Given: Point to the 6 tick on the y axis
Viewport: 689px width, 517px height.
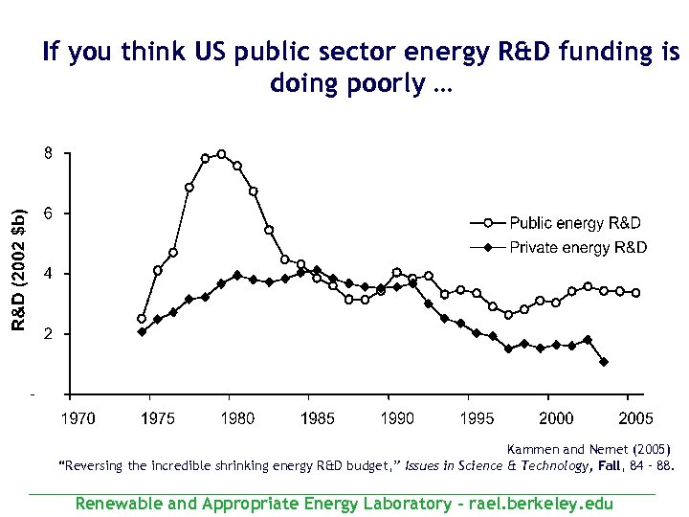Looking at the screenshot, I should click(x=47, y=214).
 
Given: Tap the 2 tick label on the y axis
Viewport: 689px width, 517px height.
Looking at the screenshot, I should click(x=47, y=334).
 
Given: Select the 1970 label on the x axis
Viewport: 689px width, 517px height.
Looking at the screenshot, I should click(x=78, y=417).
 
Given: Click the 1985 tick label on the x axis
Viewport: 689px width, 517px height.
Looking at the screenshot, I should click(x=318, y=417).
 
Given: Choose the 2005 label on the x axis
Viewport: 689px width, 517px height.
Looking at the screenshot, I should click(x=636, y=417).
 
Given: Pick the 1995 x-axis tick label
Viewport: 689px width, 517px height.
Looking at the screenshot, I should click(x=477, y=417).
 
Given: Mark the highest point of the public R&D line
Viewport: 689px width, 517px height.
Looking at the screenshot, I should click(x=221, y=154).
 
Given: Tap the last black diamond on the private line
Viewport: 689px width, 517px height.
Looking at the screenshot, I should click(x=604, y=362).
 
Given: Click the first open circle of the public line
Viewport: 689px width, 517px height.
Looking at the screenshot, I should click(x=142, y=319).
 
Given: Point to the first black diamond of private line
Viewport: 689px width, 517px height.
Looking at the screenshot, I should click(x=142, y=332).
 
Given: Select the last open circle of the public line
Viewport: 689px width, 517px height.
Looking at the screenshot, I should click(x=635, y=293).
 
